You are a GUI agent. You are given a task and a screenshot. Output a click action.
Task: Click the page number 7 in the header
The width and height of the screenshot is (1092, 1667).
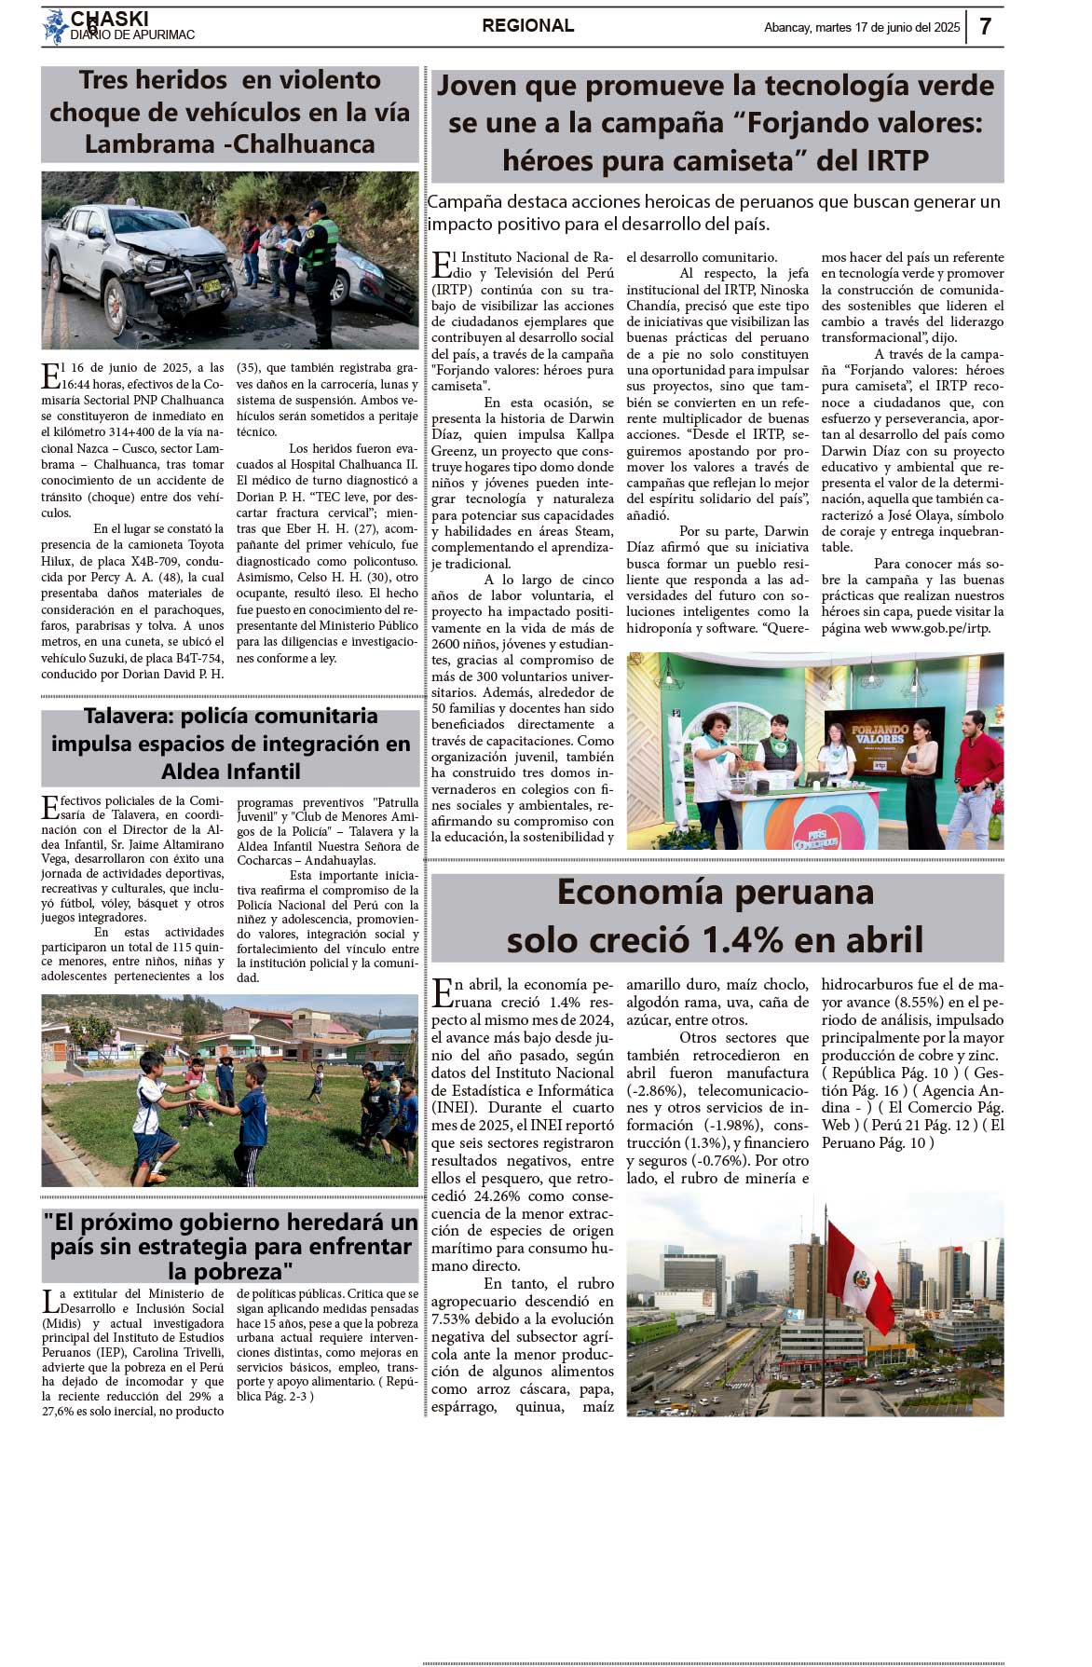pos(985,26)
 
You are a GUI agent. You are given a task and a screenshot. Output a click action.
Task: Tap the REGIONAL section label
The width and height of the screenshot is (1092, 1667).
pos(527,26)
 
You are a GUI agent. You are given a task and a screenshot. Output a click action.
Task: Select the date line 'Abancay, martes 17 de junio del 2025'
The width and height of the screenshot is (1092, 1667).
pos(861,27)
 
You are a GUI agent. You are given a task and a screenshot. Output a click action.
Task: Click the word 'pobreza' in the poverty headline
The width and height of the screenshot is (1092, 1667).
pos(230,1271)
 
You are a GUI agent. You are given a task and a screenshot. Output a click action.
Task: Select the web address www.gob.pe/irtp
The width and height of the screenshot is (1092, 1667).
pos(940,628)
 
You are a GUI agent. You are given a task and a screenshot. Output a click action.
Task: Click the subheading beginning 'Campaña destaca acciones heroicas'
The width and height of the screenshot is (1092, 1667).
pos(714,212)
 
